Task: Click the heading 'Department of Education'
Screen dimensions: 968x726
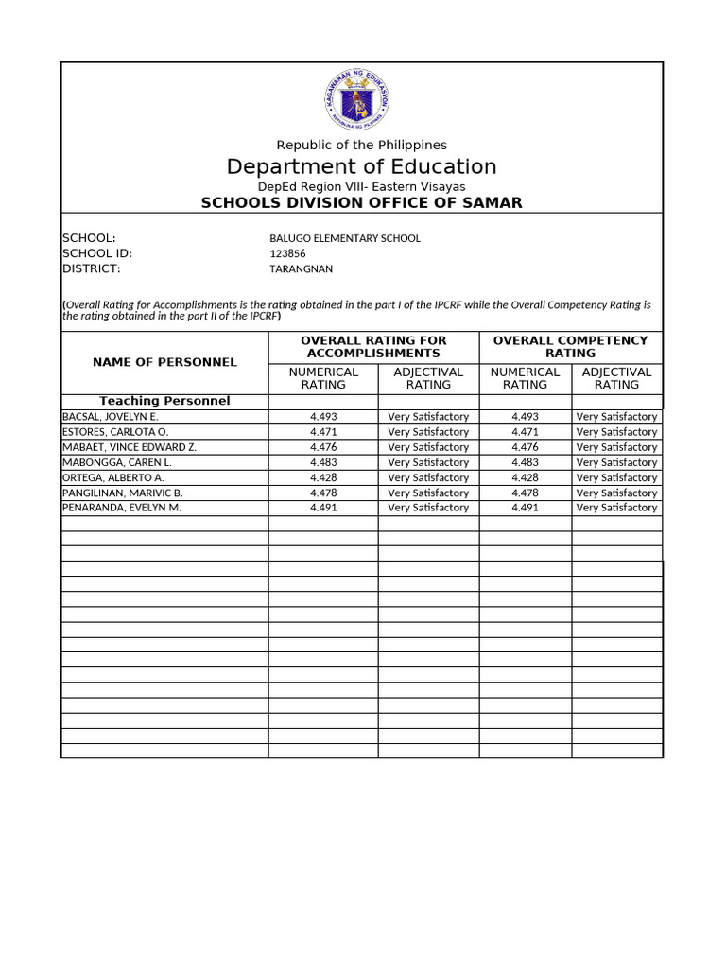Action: [x=361, y=167]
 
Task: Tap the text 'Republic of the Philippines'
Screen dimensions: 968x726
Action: [x=361, y=145]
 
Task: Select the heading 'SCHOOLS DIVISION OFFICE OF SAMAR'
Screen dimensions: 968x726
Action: [x=361, y=203]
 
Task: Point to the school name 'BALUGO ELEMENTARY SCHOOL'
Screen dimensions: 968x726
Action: [x=345, y=238]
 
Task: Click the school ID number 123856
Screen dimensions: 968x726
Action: [x=287, y=253]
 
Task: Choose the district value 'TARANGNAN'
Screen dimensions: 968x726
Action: [x=301, y=268]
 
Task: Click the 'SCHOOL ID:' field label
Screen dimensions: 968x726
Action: [x=96, y=253]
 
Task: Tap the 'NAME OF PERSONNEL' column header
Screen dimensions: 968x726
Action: [x=164, y=362]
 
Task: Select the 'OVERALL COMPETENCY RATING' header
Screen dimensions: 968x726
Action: [x=570, y=346]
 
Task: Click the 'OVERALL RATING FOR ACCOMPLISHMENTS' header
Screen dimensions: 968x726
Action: [x=372, y=346]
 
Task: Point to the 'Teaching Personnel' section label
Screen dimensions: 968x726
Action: [x=164, y=401]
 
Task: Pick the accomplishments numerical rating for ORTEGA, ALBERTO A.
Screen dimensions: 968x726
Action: [x=323, y=477]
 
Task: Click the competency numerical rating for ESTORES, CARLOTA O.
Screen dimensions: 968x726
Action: [x=525, y=432]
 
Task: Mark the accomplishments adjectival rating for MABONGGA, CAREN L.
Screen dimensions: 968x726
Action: [x=428, y=462]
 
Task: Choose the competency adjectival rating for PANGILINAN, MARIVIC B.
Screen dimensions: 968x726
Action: [x=616, y=493]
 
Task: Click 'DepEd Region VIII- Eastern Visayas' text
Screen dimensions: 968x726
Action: [x=361, y=187]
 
